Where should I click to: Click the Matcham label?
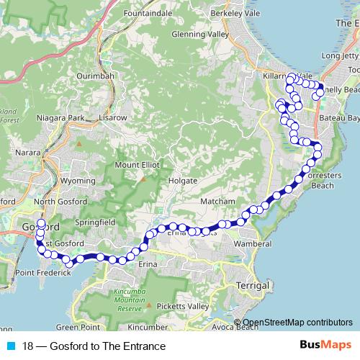(217, 201)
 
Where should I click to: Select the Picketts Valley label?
(184, 307)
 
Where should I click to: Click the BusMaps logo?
(325, 346)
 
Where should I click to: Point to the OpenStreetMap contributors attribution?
(297, 323)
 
